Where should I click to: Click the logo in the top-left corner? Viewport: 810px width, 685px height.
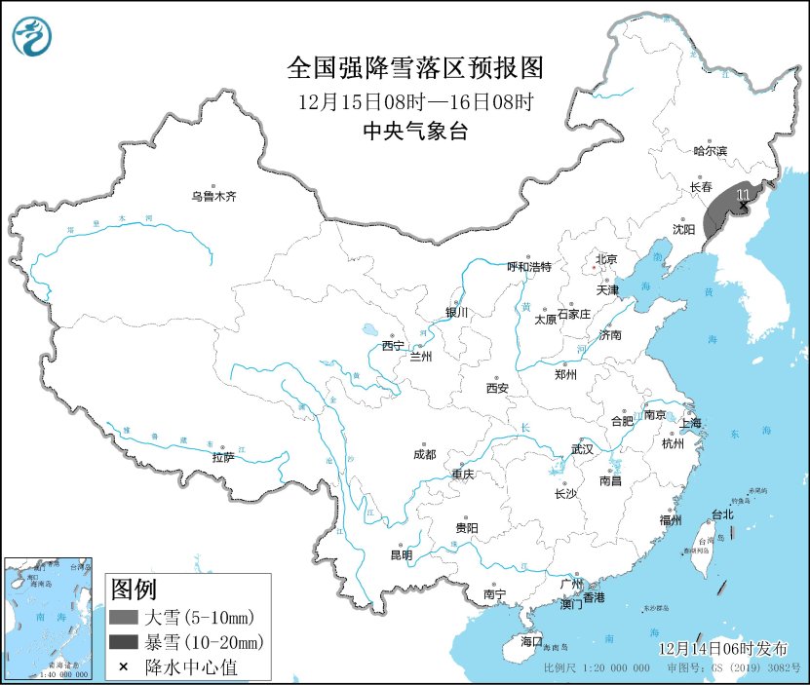[x=33, y=36]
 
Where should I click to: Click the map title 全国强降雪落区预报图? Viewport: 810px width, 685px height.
[x=414, y=68]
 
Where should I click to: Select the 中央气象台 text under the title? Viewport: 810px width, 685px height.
[x=414, y=132]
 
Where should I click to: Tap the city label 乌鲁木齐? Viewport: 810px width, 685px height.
[x=213, y=197]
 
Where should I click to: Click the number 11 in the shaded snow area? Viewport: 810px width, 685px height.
[x=744, y=196]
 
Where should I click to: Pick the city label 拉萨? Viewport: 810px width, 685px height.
[x=222, y=457]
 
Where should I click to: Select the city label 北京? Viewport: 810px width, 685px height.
[x=606, y=259]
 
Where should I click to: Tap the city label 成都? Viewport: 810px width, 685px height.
[x=425, y=454]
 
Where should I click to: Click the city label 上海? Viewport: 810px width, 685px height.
[x=690, y=423]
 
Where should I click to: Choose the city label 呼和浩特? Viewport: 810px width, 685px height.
[x=529, y=266]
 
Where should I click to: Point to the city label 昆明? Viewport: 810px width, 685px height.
[x=401, y=555]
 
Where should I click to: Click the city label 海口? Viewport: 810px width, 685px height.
[x=530, y=642]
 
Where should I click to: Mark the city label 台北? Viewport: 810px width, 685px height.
[x=721, y=514]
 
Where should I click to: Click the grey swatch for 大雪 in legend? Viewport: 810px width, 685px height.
[x=124, y=617]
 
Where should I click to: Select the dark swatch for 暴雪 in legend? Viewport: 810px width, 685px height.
[x=124, y=642]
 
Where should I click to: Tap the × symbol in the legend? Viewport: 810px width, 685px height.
[x=124, y=666]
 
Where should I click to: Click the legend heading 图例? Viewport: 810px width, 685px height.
[x=134, y=590]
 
